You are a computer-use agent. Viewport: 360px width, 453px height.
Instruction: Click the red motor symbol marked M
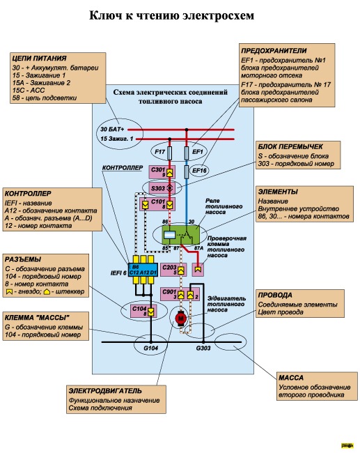click(x=181, y=318)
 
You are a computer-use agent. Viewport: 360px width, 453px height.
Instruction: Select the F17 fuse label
click(x=159, y=152)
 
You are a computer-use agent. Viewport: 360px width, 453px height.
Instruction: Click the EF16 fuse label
click(x=199, y=171)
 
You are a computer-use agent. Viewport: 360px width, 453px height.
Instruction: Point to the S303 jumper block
click(x=162, y=188)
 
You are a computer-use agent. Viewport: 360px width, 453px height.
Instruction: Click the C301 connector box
click(x=162, y=172)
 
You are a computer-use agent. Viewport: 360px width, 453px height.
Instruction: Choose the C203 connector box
click(x=173, y=270)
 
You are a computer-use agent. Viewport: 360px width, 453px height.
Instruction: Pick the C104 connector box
click(x=143, y=311)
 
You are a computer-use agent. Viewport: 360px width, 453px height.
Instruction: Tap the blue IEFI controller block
click(x=143, y=270)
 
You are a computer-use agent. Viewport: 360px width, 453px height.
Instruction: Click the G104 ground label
click(x=150, y=348)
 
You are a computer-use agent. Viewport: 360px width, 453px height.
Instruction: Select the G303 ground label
click(x=203, y=348)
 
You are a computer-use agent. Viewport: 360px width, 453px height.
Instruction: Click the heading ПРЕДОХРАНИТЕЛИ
click(x=274, y=51)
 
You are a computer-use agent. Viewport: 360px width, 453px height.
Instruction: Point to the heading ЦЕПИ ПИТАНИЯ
click(x=39, y=59)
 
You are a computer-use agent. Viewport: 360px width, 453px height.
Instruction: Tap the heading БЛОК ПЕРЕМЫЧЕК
click(x=290, y=146)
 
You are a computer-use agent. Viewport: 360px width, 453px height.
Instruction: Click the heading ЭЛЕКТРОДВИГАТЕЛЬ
click(x=105, y=391)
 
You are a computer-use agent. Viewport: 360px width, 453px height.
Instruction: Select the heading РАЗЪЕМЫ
click(x=23, y=259)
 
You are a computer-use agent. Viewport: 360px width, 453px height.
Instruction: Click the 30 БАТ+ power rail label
click(x=112, y=129)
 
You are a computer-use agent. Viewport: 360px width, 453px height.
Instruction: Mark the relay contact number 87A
click(x=198, y=248)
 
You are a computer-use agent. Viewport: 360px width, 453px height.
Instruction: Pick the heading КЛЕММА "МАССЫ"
click(x=37, y=318)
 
